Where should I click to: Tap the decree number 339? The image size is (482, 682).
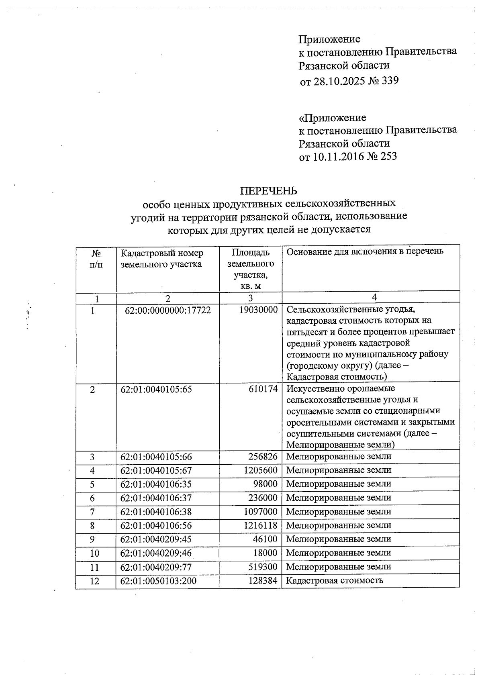coord(388,81)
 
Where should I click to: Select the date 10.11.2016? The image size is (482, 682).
coord(338,157)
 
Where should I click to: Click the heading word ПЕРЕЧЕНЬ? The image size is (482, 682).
coord(268,190)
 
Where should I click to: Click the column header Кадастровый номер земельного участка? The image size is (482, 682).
coord(162,259)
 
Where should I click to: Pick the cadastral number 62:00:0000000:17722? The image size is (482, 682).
coord(167,310)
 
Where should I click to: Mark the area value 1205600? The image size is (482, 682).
coord(260,470)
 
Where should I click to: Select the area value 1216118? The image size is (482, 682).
coord(260,525)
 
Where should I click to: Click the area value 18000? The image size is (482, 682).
coord(265,553)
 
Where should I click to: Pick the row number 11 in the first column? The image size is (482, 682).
coord(95,567)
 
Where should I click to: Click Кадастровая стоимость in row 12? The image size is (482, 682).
coord(335,580)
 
